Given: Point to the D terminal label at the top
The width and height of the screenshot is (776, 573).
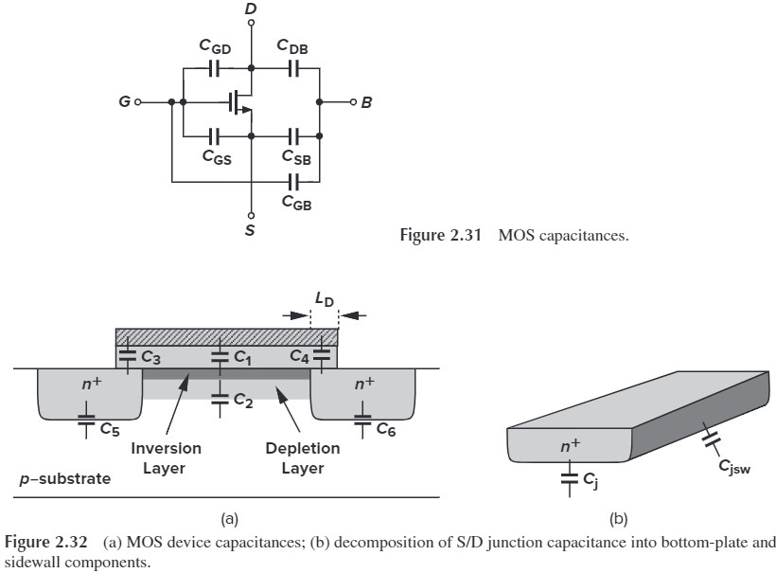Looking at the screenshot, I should click(250, 9).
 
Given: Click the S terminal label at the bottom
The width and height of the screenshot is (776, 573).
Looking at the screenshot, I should click(250, 228).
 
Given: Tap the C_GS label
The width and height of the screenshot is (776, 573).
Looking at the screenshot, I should click(217, 157).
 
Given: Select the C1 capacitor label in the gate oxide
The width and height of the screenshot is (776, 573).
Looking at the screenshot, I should click(242, 357).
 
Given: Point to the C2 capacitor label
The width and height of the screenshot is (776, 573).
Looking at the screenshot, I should click(242, 401).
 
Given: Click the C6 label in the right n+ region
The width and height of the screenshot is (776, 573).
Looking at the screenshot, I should click(385, 428).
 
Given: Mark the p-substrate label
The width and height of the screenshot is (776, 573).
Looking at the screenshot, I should click(66, 478).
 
